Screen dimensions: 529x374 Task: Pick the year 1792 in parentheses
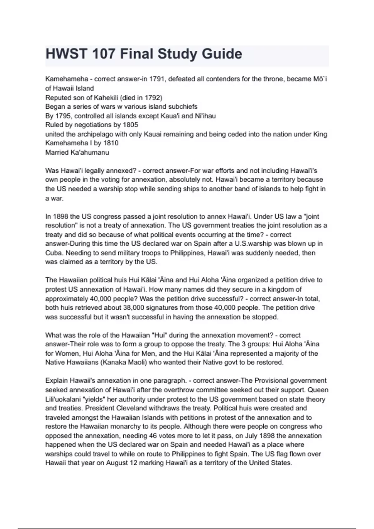(x=152, y=98)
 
